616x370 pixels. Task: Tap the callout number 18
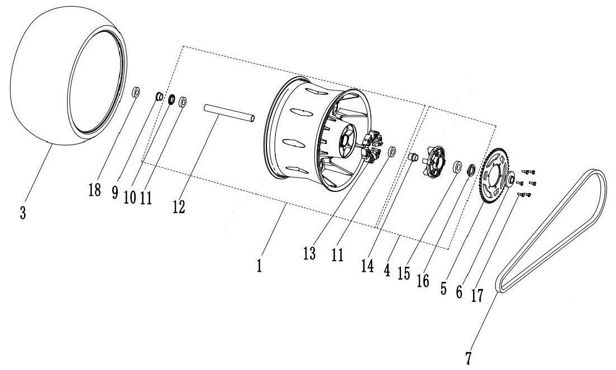(95, 190)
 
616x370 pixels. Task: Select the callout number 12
(179, 206)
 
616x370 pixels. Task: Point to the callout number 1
(259, 266)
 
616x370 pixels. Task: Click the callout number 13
(309, 253)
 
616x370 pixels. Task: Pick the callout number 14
(367, 266)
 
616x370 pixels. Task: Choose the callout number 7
(468, 358)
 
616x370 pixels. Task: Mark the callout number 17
(477, 295)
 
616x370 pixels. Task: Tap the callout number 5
(443, 289)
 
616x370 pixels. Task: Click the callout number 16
(423, 281)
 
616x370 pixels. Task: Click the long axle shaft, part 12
(229, 113)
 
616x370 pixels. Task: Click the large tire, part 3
(68, 76)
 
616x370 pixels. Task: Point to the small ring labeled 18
(136, 93)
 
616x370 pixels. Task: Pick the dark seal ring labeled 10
(171, 100)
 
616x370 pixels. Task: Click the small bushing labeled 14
(412, 157)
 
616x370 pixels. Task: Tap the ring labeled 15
(457, 166)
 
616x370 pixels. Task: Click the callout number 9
(114, 192)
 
